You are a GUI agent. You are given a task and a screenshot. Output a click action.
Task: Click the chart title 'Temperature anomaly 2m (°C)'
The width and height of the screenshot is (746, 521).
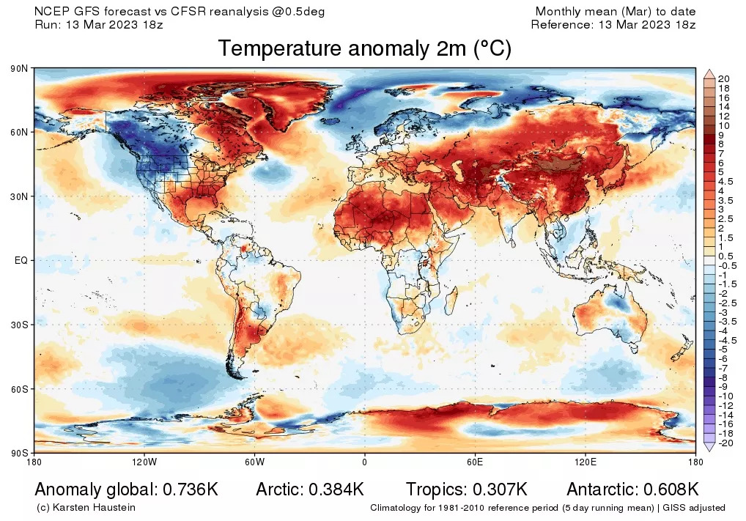[364, 49]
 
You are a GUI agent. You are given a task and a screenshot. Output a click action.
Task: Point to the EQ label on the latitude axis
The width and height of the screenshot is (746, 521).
[21, 260]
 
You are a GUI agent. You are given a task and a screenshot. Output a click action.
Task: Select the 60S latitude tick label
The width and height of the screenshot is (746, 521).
[20, 388]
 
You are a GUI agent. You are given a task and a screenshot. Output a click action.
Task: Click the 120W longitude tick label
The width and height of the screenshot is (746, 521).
[144, 462]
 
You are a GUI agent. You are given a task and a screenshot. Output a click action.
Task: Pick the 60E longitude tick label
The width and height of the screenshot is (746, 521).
[474, 462]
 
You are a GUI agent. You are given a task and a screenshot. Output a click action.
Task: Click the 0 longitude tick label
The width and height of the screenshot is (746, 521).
[364, 462]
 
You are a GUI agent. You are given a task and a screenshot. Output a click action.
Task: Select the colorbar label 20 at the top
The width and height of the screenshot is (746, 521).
[724, 79]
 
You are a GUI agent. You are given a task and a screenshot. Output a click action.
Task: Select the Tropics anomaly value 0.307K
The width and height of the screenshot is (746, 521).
[498, 489]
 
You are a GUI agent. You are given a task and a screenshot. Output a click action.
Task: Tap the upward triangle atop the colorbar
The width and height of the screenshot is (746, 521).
[709, 73]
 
